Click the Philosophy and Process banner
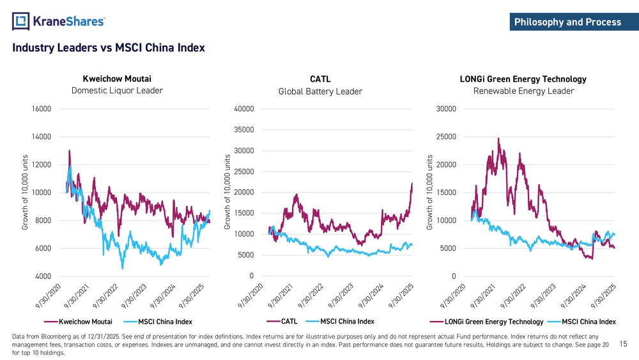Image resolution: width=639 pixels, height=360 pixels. tap(567, 22)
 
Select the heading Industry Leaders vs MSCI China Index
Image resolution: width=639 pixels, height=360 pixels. tap(108, 48)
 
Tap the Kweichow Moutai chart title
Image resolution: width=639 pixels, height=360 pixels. tap(117, 79)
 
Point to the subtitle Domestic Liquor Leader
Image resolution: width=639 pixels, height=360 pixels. tap(117, 91)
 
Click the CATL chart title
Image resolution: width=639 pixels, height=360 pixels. tap(320, 79)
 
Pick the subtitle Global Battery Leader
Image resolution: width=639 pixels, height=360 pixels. tap(320, 91)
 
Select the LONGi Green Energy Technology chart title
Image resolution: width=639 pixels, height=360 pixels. tap(523, 79)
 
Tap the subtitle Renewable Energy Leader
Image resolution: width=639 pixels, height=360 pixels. tap(523, 91)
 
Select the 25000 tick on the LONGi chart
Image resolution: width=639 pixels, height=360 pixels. tap(446, 137)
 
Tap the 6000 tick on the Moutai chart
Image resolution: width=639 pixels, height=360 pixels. tap(43, 249)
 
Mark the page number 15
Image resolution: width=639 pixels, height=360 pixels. tap(624, 344)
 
